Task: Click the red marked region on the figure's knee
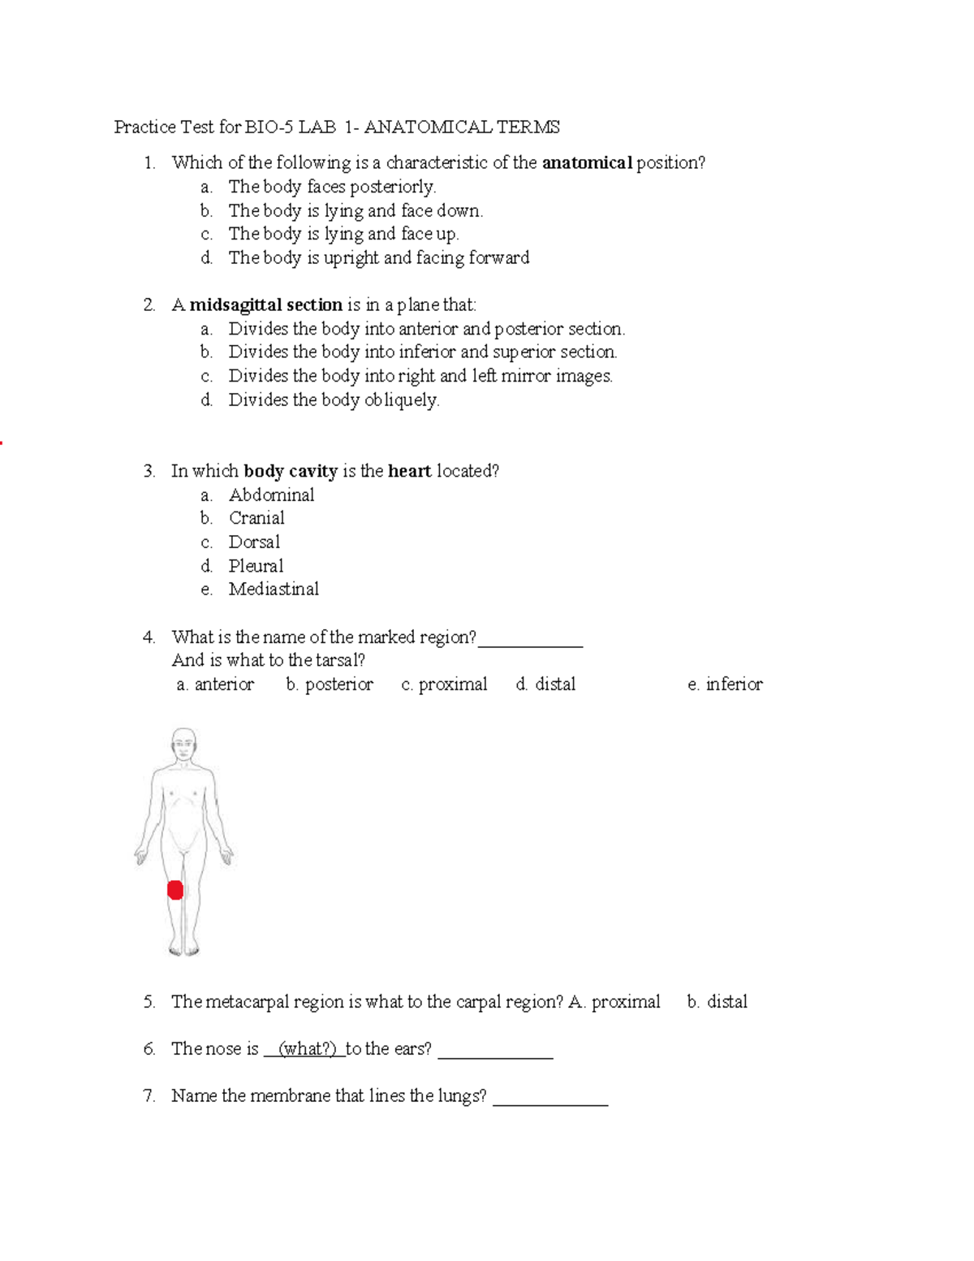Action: pos(175,890)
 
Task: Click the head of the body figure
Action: pos(184,742)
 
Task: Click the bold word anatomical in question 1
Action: pos(587,162)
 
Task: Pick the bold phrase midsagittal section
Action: pos(265,304)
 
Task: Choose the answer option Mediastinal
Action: pos(274,589)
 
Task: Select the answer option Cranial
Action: pos(256,518)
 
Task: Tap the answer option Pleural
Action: pos(256,565)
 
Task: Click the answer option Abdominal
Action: pos(271,494)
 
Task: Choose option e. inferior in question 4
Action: pos(725,684)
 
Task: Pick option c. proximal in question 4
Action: pos(444,684)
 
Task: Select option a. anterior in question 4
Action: pos(215,684)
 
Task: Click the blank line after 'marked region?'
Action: pos(530,643)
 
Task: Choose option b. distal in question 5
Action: pos(717,1001)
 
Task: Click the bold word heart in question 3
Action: pos(409,471)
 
